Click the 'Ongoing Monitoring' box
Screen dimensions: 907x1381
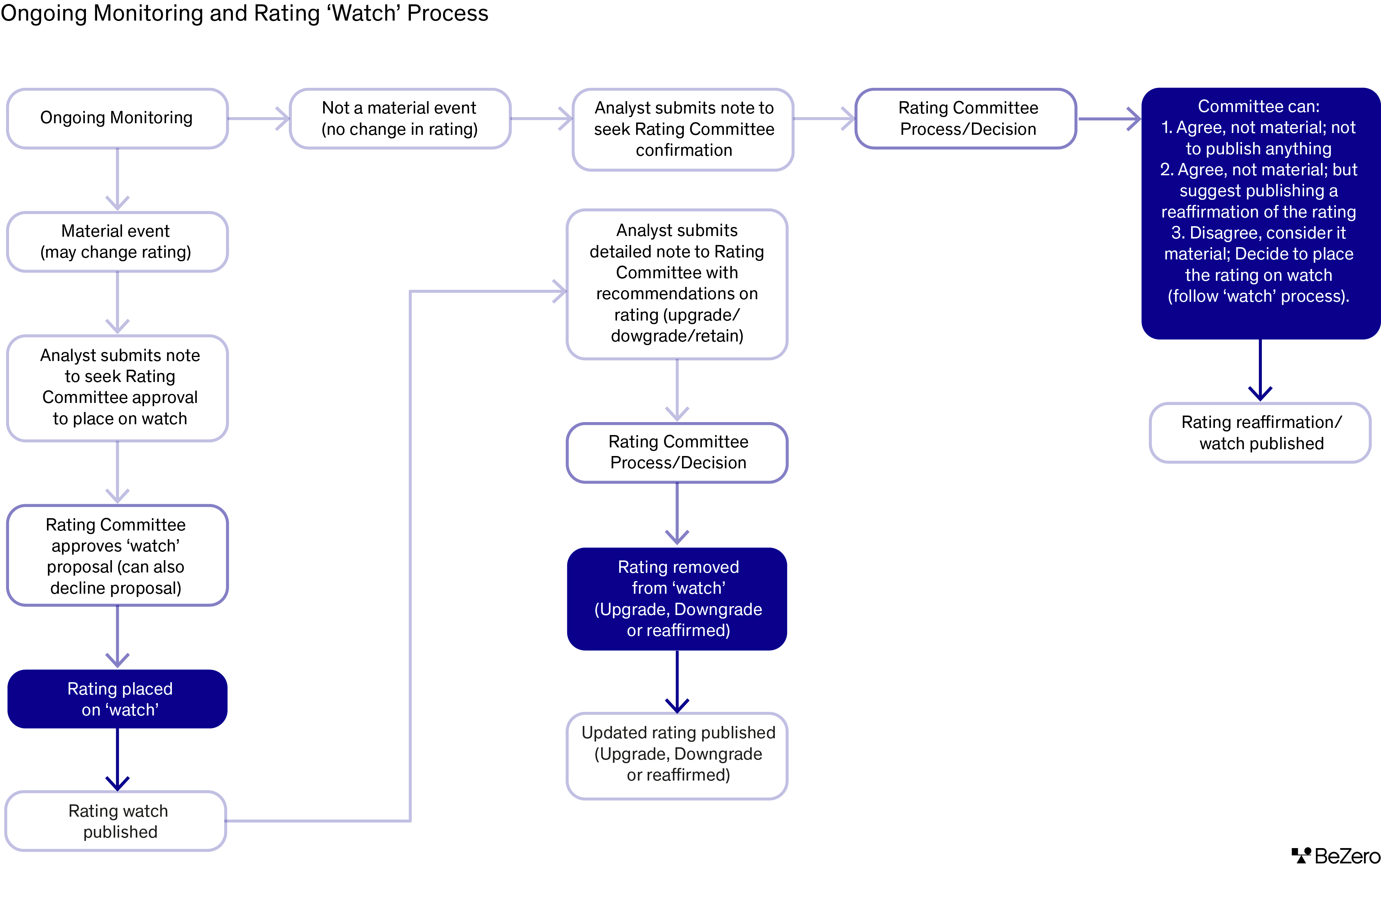click(x=117, y=119)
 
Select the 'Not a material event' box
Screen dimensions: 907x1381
click(x=400, y=119)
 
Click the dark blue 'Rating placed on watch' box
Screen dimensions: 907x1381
click(x=117, y=699)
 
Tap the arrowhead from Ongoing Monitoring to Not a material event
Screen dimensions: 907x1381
click(x=283, y=119)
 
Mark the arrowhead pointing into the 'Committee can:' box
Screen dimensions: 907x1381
click(x=1134, y=119)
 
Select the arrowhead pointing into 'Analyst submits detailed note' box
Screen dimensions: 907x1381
click(x=559, y=291)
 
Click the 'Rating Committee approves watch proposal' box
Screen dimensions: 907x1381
click(x=117, y=556)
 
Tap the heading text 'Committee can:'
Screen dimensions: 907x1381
click(x=1259, y=106)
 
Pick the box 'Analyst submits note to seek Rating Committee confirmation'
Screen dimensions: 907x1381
click(x=683, y=129)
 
